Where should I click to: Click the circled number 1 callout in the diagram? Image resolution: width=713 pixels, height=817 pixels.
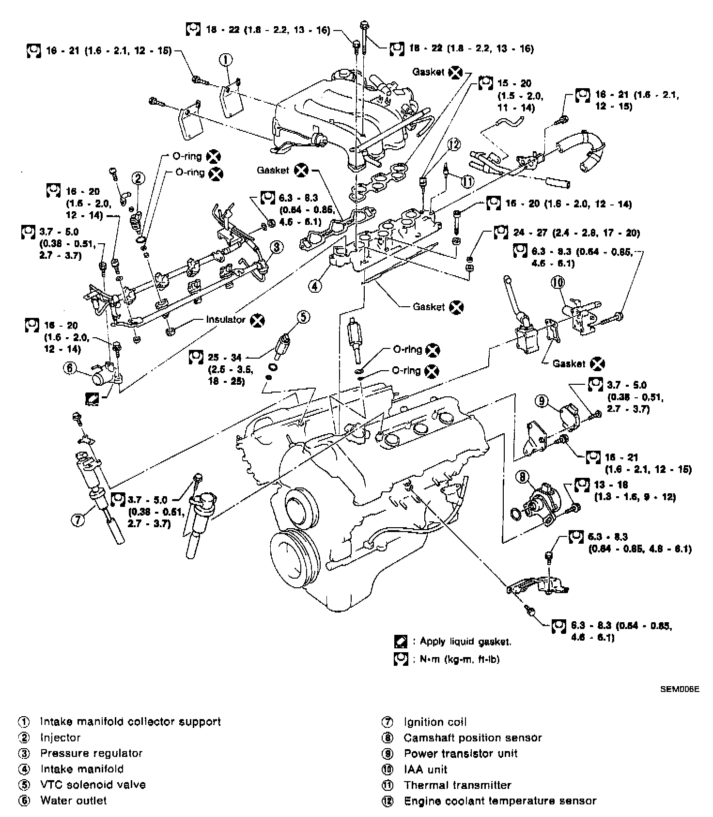[x=226, y=60]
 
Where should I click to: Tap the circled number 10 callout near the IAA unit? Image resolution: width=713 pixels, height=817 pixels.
[x=558, y=283]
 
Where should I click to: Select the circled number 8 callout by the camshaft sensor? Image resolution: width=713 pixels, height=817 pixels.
[x=523, y=477]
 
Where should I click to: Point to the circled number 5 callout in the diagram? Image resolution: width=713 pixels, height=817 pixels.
[x=303, y=317]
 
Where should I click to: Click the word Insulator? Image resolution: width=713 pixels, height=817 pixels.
[x=225, y=320]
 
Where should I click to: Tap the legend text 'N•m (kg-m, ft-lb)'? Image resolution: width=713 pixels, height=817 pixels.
[x=455, y=659]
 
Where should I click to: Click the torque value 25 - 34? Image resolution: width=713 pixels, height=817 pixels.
[x=224, y=358]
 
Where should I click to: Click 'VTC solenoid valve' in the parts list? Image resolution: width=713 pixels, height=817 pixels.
[x=93, y=785]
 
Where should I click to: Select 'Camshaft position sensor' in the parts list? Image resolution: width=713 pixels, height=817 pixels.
[x=472, y=738]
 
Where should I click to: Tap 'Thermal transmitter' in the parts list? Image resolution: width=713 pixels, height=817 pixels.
[x=457, y=785]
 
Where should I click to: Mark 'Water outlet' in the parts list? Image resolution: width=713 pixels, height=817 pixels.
[x=74, y=801]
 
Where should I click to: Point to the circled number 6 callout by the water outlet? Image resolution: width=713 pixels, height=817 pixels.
[x=70, y=368]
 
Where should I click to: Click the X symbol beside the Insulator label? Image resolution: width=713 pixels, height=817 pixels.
[x=258, y=320]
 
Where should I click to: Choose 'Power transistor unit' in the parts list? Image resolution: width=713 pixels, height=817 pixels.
[x=460, y=754]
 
